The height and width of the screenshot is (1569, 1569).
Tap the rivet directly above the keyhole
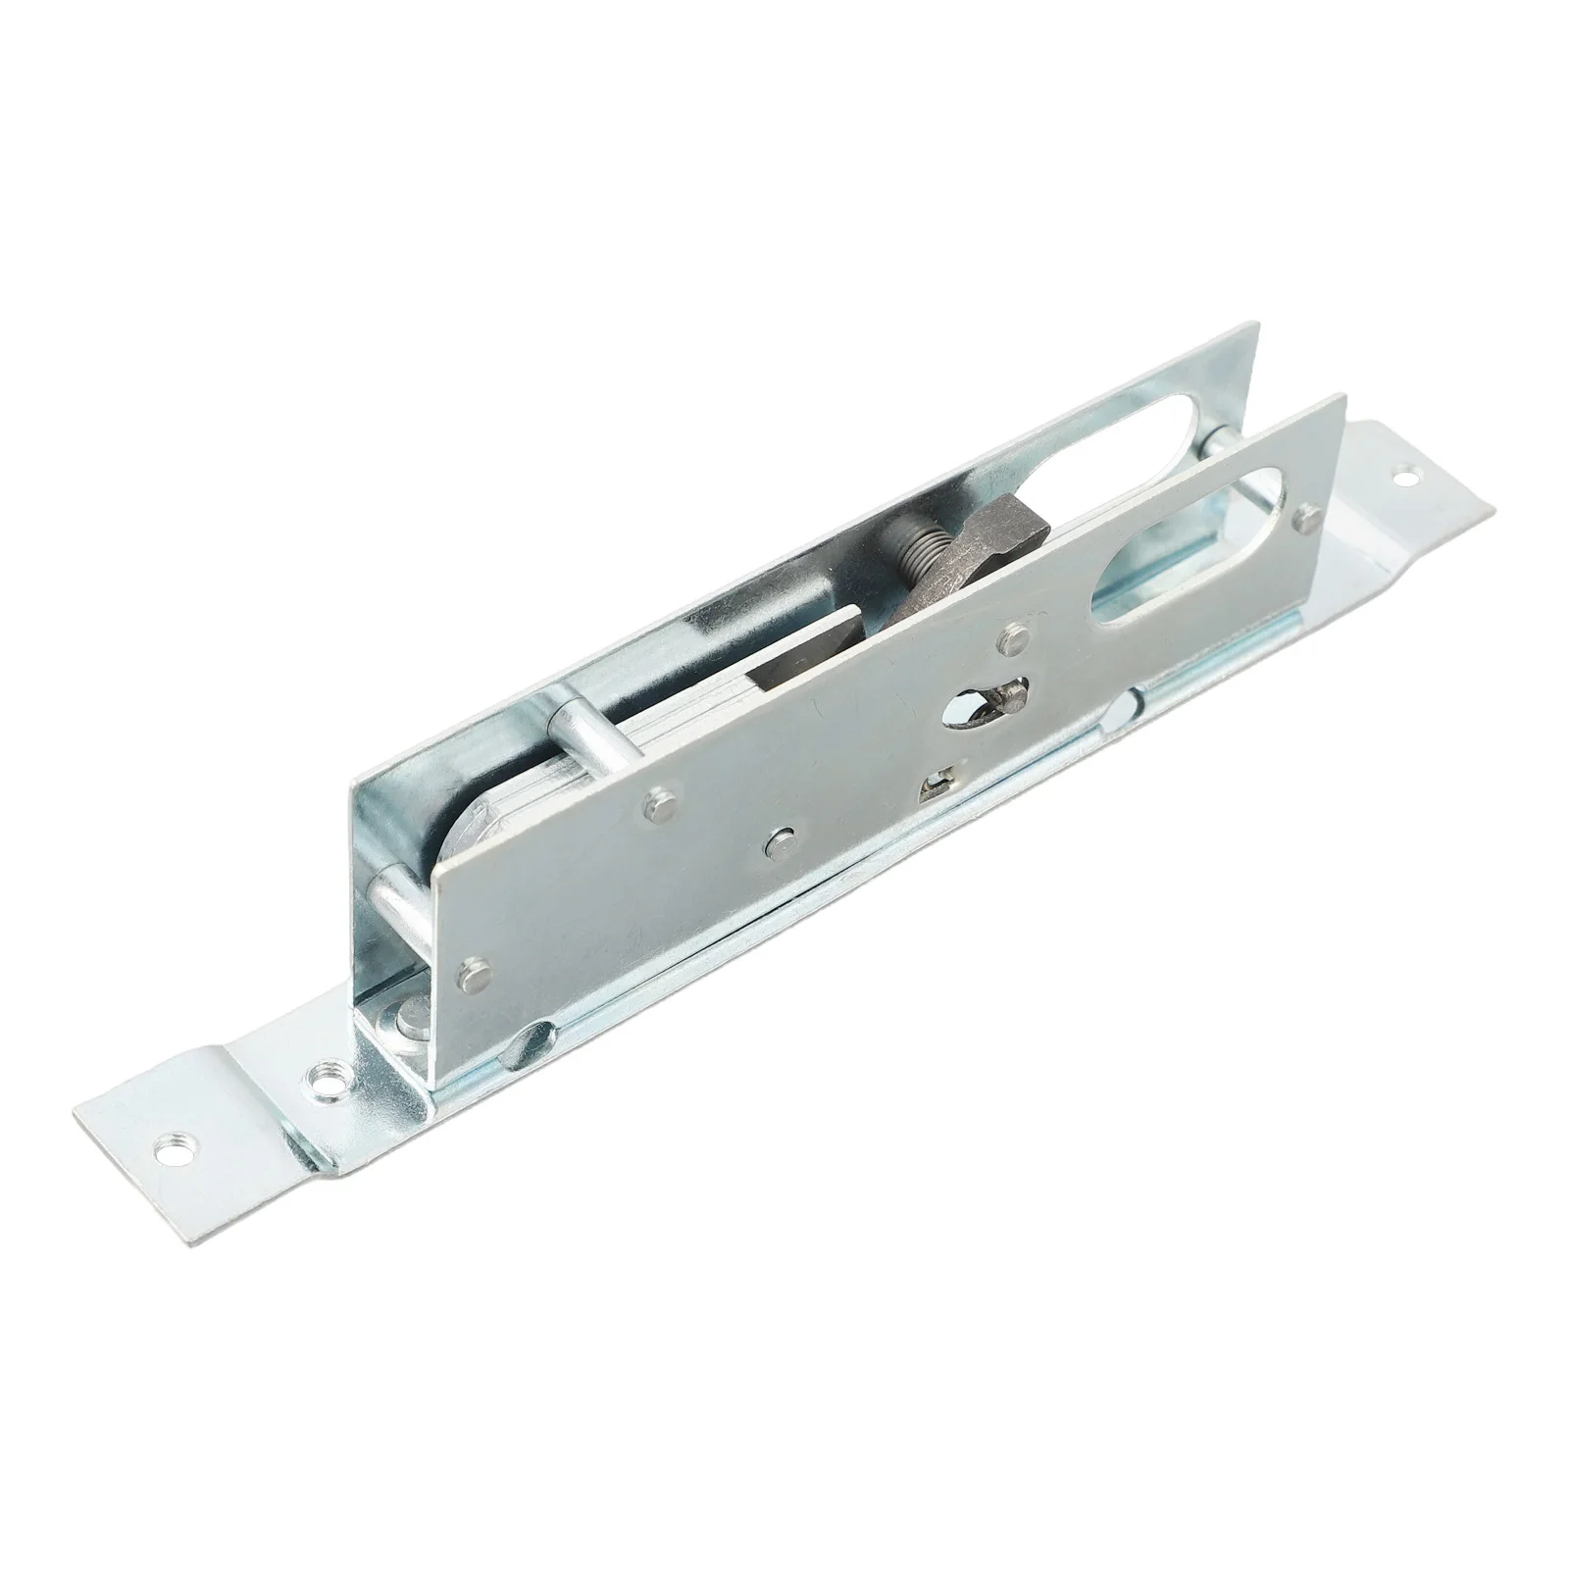[1014, 637]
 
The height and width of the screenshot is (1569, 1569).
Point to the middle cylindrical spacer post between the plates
[585, 746]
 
